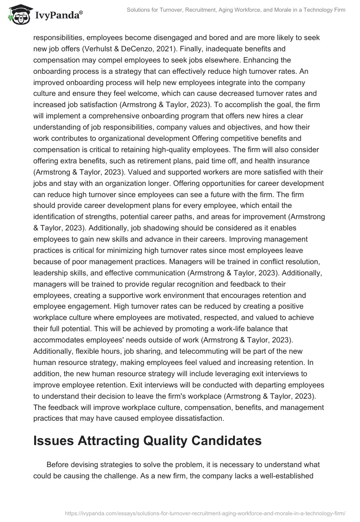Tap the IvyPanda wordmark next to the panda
[58, 15]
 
